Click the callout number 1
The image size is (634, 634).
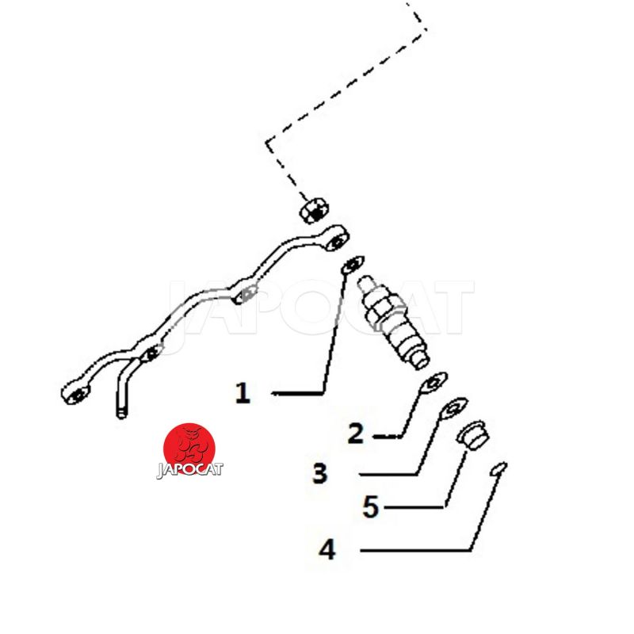[x=243, y=392]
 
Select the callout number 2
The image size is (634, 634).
[x=356, y=433]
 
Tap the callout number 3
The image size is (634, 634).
[x=320, y=473]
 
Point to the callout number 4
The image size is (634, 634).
[x=327, y=550]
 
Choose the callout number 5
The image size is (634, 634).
[x=371, y=506]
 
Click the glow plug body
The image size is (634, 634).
[x=393, y=322]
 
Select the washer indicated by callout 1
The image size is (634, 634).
[x=353, y=265]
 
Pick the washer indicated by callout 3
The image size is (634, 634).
[x=454, y=407]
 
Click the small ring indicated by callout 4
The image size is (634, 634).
[x=498, y=468]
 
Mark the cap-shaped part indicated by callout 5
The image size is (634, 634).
[x=473, y=435]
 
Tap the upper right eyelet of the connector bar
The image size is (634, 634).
[x=336, y=241]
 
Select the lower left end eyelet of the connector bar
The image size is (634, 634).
[x=75, y=392]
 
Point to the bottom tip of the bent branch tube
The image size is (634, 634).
[x=122, y=415]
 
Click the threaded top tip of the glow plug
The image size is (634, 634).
[x=365, y=281]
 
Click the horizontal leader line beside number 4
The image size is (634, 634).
[x=415, y=550]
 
